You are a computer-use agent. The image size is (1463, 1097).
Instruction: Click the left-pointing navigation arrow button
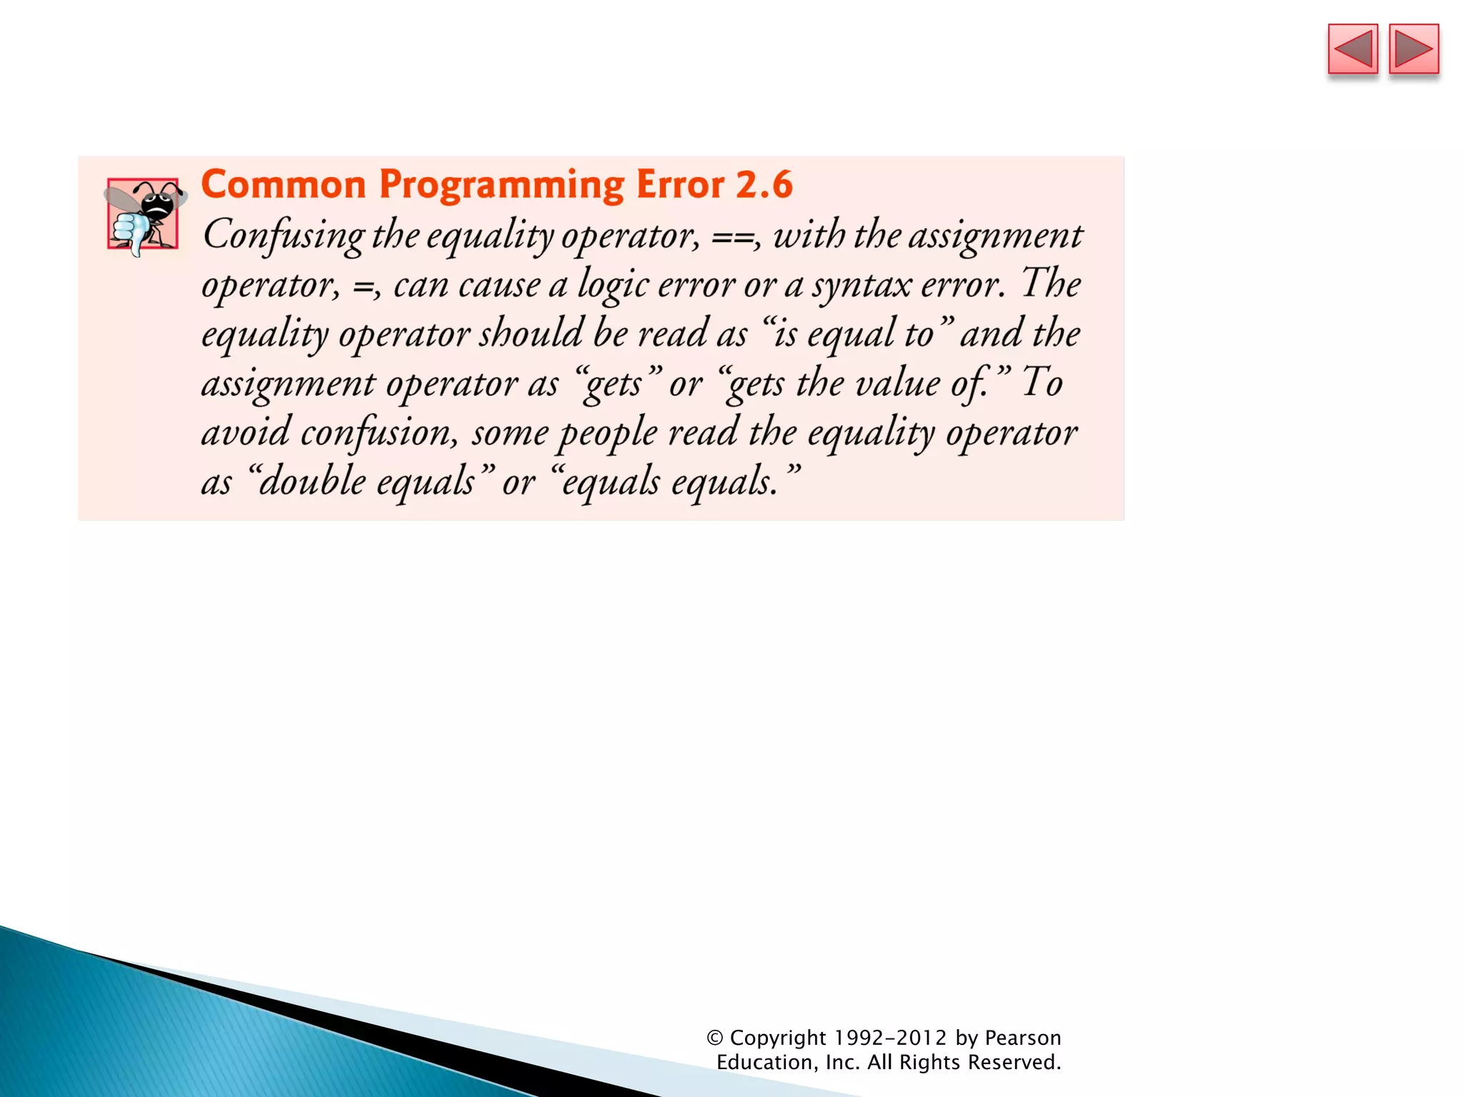point(1352,49)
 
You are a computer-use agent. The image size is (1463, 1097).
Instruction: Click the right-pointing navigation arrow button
point(1414,49)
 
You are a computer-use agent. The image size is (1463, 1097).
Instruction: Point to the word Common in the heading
point(284,184)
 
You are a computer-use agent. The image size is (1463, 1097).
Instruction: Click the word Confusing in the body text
point(284,236)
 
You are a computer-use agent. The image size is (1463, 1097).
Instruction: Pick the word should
point(531,334)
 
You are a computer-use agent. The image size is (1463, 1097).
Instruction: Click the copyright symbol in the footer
point(715,1038)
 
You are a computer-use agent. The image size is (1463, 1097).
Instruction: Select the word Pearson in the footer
point(1023,1038)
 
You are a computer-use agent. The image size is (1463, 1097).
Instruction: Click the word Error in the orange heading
point(679,184)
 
